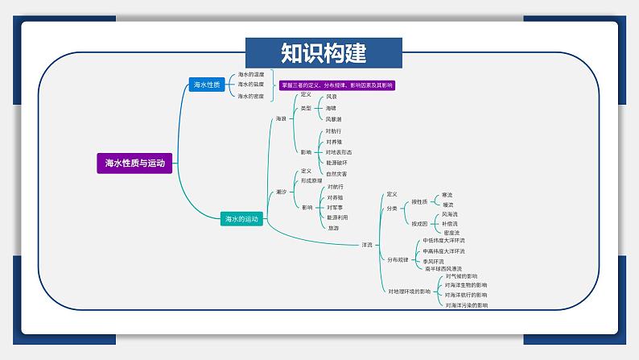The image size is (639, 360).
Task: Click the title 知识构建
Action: point(324,53)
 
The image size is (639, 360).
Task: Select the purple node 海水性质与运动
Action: point(134,163)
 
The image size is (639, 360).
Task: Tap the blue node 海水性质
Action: point(206,85)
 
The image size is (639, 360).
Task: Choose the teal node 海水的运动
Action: point(241,218)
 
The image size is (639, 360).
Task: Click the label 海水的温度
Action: point(251,74)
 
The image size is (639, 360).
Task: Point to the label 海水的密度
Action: point(251,96)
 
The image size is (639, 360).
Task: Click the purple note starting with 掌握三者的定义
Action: point(337,85)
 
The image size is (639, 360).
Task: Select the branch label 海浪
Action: point(281,118)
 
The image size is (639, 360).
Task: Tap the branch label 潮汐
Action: point(281,192)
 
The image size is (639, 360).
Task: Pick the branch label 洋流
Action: point(367,244)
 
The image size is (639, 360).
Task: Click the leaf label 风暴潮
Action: point(334,118)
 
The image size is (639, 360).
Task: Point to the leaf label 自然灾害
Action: point(336,173)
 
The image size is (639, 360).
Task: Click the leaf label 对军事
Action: point(335,207)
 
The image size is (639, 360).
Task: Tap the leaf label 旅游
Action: point(333,227)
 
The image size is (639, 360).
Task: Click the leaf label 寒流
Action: point(447,195)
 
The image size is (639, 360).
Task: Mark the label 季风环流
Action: point(433,261)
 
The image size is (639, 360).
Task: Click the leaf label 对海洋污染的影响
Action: point(466,305)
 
